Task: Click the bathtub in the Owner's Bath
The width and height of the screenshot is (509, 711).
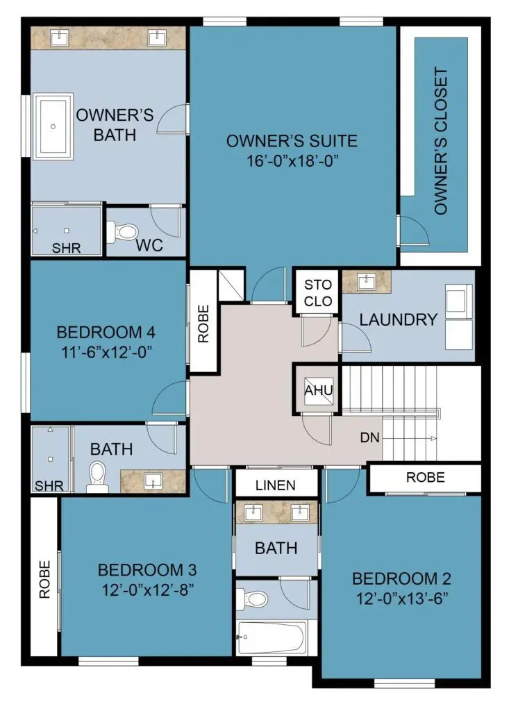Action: [53, 126]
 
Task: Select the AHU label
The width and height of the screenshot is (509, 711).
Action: [319, 390]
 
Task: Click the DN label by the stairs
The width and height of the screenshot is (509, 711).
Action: [369, 437]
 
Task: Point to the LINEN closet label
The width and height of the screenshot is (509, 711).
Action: [276, 485]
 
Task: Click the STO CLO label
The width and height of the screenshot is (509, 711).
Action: [318, 293]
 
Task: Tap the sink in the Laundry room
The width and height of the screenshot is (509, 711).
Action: [367, 282]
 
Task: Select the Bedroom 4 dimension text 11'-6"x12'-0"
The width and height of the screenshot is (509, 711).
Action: [106, 352]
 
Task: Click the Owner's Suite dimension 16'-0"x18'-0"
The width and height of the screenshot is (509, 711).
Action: [292, 161]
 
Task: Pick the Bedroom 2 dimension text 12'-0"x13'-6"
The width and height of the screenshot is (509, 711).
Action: [402, 599]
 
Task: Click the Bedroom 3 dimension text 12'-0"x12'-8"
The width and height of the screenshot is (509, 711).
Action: [148, 590]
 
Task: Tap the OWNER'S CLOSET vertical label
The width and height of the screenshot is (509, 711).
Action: [440, 141]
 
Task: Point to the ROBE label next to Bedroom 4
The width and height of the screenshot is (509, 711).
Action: [203, 324]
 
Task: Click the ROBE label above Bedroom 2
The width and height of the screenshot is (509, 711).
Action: [425, 477]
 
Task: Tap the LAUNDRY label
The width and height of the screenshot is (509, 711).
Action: [399, 319]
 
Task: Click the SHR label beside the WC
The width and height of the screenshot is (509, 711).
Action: [66, 248]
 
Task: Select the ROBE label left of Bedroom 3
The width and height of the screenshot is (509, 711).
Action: [44, 580]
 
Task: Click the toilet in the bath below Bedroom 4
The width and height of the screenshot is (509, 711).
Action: [97, 476]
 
